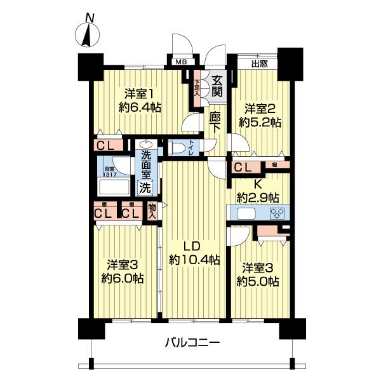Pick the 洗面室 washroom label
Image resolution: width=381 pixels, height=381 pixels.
tap(146, 165)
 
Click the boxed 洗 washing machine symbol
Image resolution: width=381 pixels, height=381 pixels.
tap(145, 188)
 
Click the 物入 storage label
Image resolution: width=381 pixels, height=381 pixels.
tap(152, 211)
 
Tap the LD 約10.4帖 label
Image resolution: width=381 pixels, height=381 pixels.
tap(194, 252)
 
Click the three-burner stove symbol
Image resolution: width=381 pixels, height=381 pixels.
tap(277, 213)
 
